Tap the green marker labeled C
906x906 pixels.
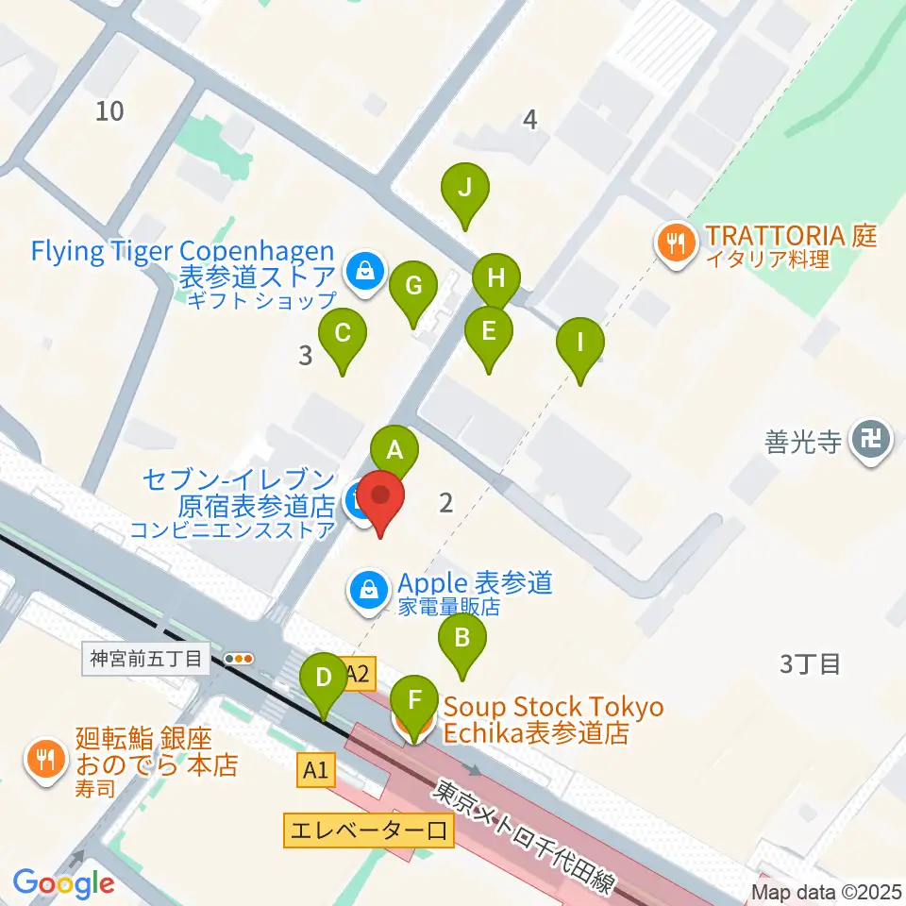[343, 334]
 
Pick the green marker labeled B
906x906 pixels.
[461, 639]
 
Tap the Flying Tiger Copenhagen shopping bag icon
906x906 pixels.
[363, 271]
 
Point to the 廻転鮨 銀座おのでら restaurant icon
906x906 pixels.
[45, 755]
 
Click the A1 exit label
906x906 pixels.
[315, 771]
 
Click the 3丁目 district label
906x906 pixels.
[810, 664]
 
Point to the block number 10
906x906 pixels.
[109, 111]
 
